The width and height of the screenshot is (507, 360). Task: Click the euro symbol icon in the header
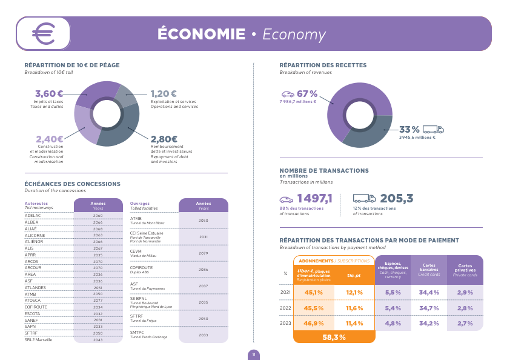(43, 33)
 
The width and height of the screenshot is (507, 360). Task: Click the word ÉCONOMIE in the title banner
(201, 34)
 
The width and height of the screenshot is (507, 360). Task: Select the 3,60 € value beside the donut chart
(49, 93)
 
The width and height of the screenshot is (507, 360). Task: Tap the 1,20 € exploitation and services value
(164, 93)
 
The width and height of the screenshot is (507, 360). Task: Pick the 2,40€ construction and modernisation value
(49, 139)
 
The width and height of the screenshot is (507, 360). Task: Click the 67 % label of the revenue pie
(307, 93)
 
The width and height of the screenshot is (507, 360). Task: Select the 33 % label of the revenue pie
(409, 129)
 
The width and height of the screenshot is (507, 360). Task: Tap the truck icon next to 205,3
(364, 198)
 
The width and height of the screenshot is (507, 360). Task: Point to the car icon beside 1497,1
(287, 199)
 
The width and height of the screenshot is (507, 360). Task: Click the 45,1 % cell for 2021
(314, 292)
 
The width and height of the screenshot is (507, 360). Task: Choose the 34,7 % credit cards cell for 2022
(429, 308)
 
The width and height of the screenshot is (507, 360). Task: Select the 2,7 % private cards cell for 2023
(465, 323)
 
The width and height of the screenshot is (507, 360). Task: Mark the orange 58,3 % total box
(334, 337)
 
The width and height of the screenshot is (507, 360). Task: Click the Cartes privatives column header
(465, 270)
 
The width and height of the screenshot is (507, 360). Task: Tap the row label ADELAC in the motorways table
(33, 215)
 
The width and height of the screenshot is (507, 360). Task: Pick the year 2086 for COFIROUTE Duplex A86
(203, 270)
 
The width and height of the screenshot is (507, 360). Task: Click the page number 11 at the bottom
(254, 355)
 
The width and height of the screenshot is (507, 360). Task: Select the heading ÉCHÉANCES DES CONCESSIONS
(72, 184)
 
